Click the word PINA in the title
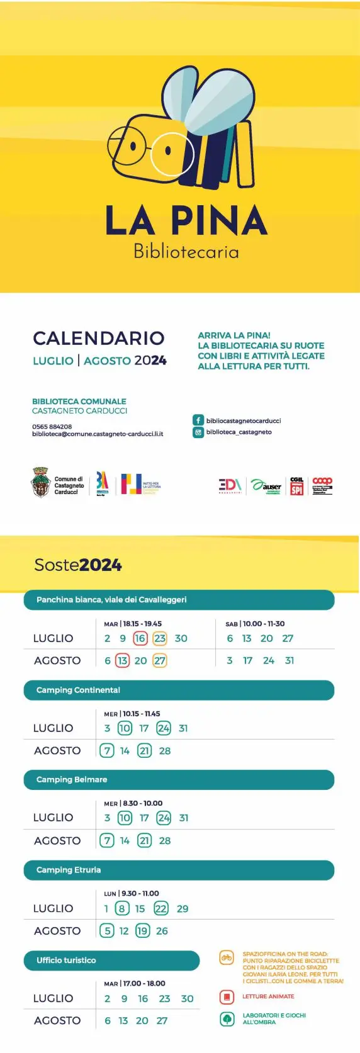coord(219,220)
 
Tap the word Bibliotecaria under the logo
coord(186,252)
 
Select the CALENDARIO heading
coord(99,338)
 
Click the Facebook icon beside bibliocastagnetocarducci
coord(198,420)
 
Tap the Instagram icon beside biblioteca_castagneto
coord(198,432)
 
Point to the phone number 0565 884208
coord(52,426)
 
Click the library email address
coord(98,434)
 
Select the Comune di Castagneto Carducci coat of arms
coord(40,482)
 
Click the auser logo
coord(267,486)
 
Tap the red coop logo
coord(322,482)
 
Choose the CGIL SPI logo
coord(296,486)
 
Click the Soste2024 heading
coord(77,565)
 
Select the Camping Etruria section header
coord(69,870)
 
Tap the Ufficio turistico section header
coord(66,960)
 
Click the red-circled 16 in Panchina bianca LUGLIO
coord(140,638)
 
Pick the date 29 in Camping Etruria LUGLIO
coord(183,908)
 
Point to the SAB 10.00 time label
coord(254,624)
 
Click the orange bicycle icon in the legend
coord(227,958)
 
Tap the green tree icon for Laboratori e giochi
coord(227,1018)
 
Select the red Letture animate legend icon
coord(227,997)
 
